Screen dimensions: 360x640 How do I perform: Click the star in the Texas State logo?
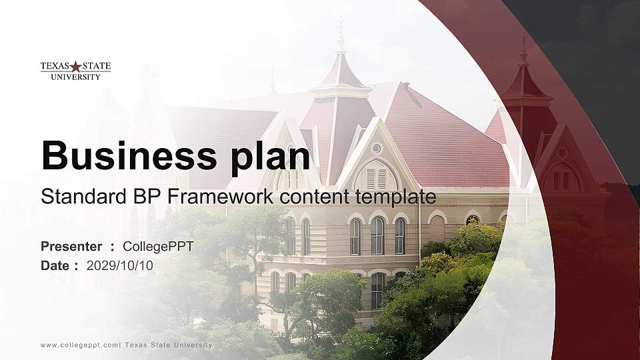click(75, 66)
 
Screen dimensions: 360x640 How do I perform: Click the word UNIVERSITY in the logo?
click(75, 77)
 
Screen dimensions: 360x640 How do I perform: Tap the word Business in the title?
click(123, 155)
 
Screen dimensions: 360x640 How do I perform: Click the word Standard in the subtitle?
click(75, 197)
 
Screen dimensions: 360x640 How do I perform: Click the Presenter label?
click(71, 247)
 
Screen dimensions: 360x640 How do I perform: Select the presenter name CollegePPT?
click(158, 247)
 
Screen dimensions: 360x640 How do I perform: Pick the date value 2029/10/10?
click(119, 265)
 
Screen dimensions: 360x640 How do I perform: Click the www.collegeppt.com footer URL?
click(79, 345)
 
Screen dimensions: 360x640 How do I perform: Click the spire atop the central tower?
click(341, 37)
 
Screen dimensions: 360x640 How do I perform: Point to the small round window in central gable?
click(377, 148)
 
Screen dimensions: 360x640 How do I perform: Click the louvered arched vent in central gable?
click(376, 177)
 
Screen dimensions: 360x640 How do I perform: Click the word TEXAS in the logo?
click(55, 66)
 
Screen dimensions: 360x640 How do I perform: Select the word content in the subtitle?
click(317, 197)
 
